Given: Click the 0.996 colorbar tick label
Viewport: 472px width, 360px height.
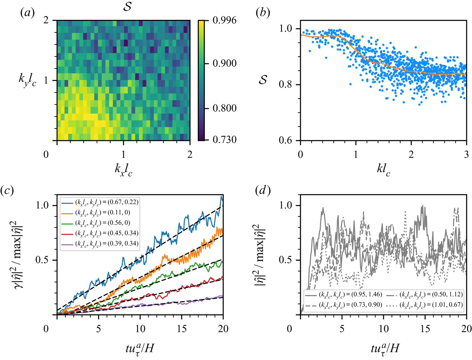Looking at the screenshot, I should [x=224, y=20].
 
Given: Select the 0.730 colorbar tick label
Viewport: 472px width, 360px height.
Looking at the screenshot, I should [x=224, y=140].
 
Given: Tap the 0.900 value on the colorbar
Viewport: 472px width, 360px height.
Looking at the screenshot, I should [x=224, y=63].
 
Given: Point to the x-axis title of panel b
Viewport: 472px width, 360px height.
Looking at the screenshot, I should [x=383, y=169].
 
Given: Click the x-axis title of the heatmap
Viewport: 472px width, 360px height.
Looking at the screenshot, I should [x=123, y=169].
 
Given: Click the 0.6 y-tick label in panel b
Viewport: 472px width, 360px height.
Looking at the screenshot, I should [x=285, y=140].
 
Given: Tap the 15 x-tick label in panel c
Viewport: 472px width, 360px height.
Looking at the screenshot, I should [x=182, y=329].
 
